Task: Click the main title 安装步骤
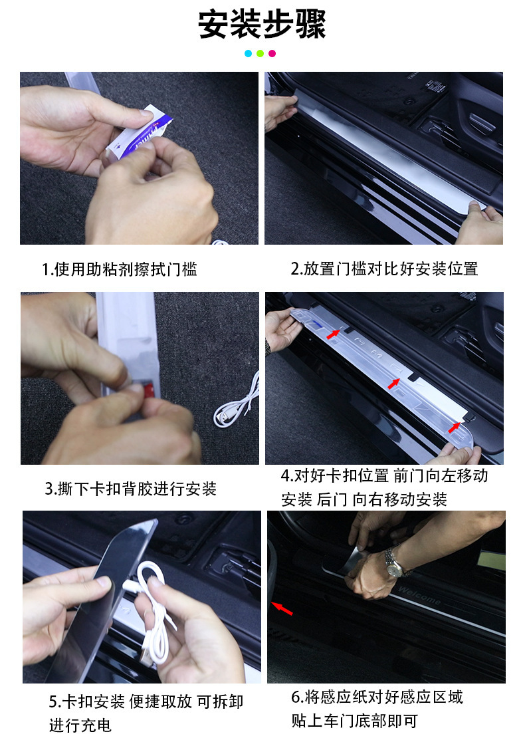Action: pyautogui.click(x=262, y=24)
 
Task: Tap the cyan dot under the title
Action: pyautogui.click(x=248, y=53)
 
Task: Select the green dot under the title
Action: pyautogui.click(x=260, y=53)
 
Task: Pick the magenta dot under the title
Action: pyautogui.click(x=272, y=53)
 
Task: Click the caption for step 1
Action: pyautogui.click(x=119, y=269)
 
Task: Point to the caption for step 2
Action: pyautogui.click(x=384, y=269)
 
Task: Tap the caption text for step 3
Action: pyautogui.click(x=131, y=489)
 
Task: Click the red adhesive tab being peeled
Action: pyautogui.click(x=149, y=389)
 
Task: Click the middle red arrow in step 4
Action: pyautogui.click(x=393, y=383)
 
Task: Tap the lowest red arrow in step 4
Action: pyautogui.click(x=455, y=427)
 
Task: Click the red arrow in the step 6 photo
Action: pyautogui.click(x=282, y=608)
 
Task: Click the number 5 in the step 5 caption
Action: pyautogui.click(x=53, y=702)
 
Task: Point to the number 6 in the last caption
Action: pyautogui.click(x=296, y=697)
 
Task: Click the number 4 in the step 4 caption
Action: pyautogui.click(x=286, y=475)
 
